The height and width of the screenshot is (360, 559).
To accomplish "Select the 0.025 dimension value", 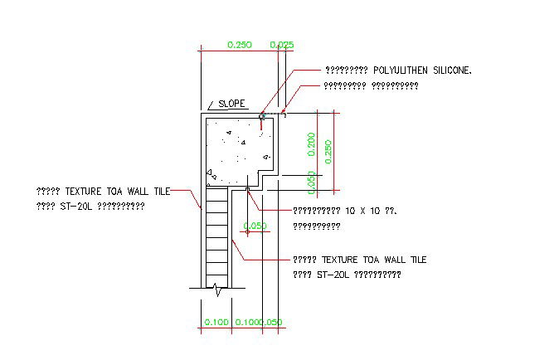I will [x=282, y=45].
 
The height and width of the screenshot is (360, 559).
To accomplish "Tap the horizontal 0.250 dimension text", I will [x=238, y=45].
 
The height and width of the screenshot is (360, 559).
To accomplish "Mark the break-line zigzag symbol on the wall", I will [x=216, y=289].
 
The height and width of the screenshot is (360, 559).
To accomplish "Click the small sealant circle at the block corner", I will [x=262, y=116].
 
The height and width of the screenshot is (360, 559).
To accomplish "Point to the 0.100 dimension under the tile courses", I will [x=216, y=322].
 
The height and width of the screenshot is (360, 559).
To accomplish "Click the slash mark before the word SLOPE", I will [x=211, y=105].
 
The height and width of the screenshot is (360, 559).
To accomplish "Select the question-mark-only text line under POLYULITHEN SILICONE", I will [x=358, y=85].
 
